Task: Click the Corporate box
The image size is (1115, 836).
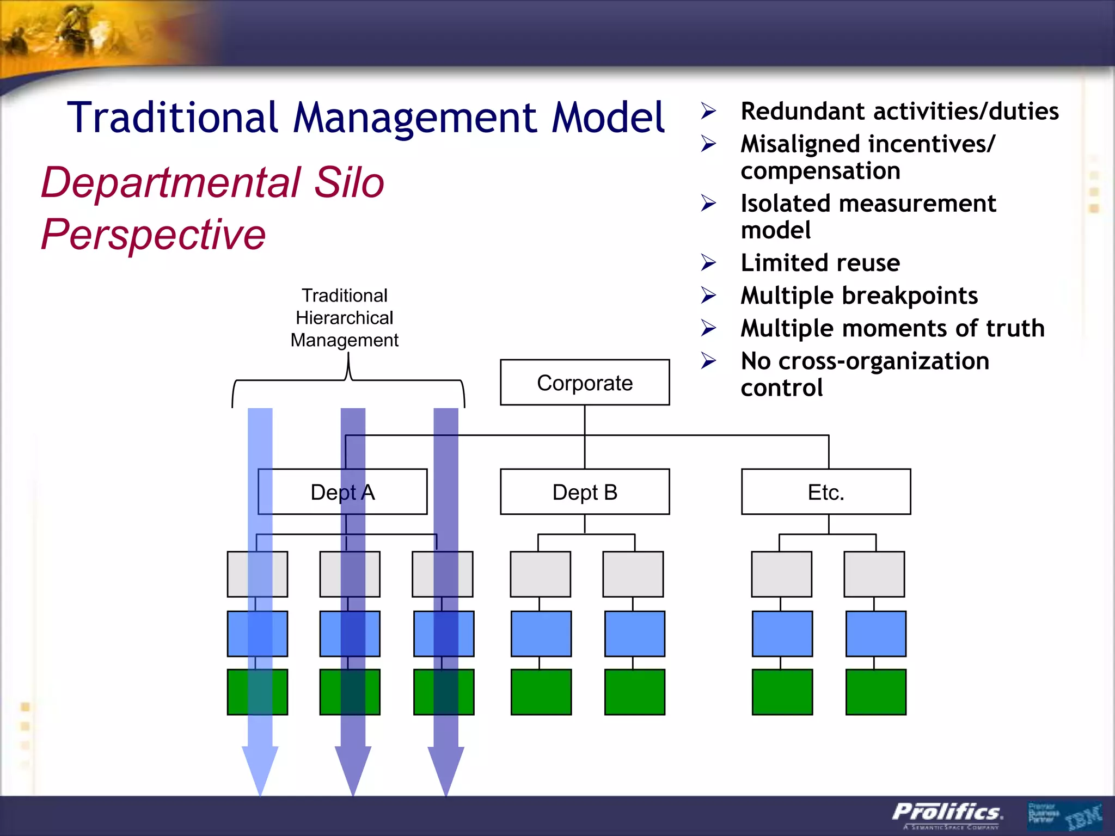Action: click(585, 383)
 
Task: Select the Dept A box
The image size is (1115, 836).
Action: click(342, 492)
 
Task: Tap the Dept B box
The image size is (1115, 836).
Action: click(585, 492)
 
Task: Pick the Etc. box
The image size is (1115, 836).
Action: click(825, 492)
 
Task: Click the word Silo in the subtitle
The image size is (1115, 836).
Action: click(349, 182)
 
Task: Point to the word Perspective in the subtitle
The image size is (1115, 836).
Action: click(154, 234)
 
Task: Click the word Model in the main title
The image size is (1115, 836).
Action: click(608, 118)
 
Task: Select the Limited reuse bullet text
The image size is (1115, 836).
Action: click(820, 263)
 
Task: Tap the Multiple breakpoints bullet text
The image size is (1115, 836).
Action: click(859, 296)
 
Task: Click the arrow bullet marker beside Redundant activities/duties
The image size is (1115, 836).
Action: click(708, 111)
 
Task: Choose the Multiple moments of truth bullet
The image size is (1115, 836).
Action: click(892, 328)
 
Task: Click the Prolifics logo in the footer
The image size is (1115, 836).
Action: click(947, 813)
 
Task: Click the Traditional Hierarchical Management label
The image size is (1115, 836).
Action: click(344, 318)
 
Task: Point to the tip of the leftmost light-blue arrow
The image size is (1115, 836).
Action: click(260, 792)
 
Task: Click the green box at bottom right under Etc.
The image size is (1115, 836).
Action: click(875, 692)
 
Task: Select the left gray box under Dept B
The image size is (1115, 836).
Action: click(540, 574)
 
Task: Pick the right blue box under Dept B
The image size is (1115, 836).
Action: click(634, 634)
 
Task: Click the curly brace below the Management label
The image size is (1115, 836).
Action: click(348, 380)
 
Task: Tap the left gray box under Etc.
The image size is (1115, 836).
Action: click(781, 574)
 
